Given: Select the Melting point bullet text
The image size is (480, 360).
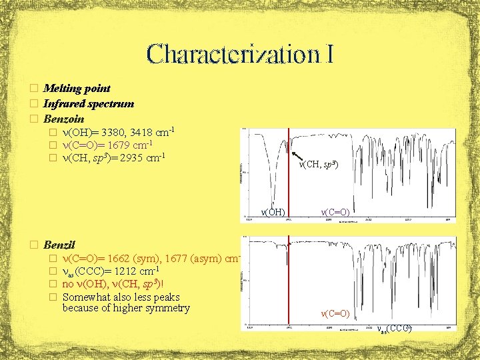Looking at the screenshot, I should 77,88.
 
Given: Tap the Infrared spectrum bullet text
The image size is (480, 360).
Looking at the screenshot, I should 89,103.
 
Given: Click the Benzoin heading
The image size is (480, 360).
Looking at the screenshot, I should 63,119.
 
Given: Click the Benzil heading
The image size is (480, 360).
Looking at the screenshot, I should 59,243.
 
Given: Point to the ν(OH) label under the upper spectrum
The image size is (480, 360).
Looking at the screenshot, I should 273,212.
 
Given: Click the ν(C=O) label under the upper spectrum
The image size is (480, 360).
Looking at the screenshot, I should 336,211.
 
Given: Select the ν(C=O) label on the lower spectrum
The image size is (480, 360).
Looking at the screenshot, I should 336,312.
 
